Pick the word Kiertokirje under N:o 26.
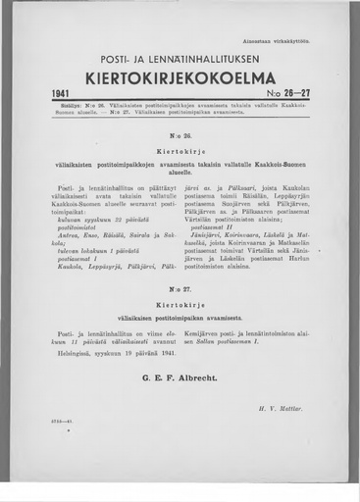point(180,154)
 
